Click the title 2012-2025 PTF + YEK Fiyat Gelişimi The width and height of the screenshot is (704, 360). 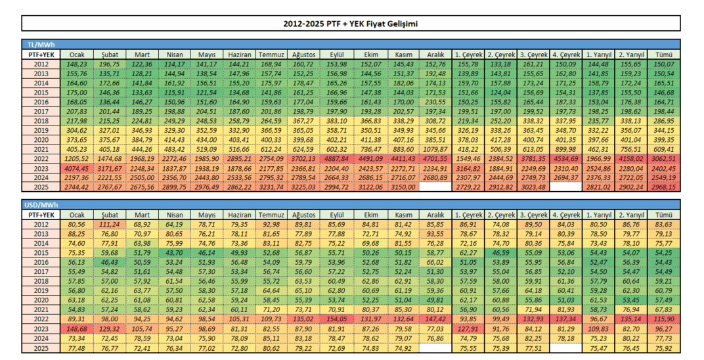[351, 24]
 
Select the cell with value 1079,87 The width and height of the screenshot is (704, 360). [436, 149]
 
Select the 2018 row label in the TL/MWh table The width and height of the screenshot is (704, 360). [41, 121]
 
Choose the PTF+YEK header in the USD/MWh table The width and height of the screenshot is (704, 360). [41, 215]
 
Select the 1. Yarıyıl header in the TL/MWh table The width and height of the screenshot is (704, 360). [598, 55]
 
